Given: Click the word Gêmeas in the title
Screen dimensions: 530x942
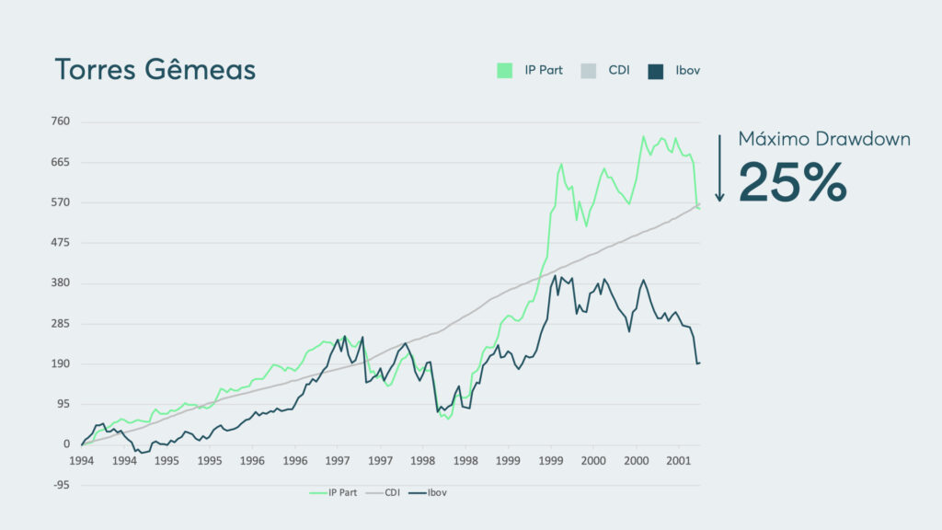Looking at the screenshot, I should point(201,70).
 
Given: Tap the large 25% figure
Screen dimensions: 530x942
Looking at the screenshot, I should point(792,182).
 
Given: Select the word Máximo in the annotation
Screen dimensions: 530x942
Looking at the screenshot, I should point(770,139).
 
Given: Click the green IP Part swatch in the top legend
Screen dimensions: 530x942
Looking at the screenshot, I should point(504,70).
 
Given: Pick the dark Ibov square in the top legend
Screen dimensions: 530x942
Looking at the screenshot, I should point(655,70).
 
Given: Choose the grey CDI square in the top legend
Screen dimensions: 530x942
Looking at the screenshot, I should point(589,70).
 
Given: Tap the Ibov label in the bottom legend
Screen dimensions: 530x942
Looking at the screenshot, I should point(436,492).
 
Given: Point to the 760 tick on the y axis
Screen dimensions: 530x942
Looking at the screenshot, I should point(60,121).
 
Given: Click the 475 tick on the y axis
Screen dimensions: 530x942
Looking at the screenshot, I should point(60,243).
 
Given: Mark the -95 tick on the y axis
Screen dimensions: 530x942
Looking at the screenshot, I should point(60,485).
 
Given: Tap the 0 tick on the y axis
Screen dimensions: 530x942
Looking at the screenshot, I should point(66,444).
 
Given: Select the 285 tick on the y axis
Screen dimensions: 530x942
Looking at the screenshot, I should point(60,324).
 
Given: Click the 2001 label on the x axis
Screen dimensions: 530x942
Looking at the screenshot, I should point(678,459).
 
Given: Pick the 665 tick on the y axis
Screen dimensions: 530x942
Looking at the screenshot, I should point(60,162).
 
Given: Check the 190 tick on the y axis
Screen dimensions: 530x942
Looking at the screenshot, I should point(60,364).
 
